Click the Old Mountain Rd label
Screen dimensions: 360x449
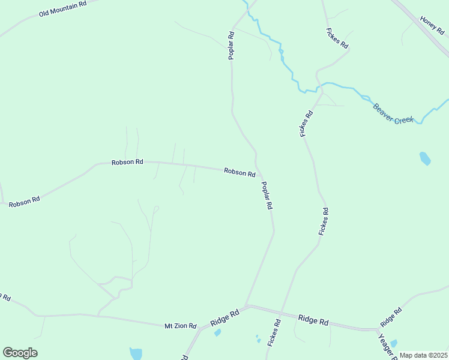(x=62, y=8)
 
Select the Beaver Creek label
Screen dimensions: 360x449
(x=394, y=114)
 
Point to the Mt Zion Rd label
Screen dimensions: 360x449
(x=181, y=326)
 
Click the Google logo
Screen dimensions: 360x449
(x=20, y=353)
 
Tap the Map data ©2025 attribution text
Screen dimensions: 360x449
(x=423, y=355)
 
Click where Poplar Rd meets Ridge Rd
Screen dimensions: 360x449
(x=247, y=305)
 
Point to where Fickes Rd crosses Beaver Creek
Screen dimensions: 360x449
(x=321, y=90)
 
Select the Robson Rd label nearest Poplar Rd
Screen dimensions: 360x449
(x=240, y=172)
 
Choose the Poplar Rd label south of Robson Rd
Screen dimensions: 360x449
(x=267, y=196)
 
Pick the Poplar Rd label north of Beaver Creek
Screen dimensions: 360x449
(x=231, y=45)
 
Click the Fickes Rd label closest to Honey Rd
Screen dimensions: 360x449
(x=337, y=38)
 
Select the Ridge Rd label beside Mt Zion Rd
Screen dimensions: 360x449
(x=225, y=318)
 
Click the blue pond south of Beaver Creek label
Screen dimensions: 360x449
(x=424, y=158)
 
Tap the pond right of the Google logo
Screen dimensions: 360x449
(x=136, y=354)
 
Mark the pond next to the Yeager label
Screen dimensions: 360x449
(x=393, y=344)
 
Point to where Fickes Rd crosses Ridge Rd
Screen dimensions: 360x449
(x=282, y=312)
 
